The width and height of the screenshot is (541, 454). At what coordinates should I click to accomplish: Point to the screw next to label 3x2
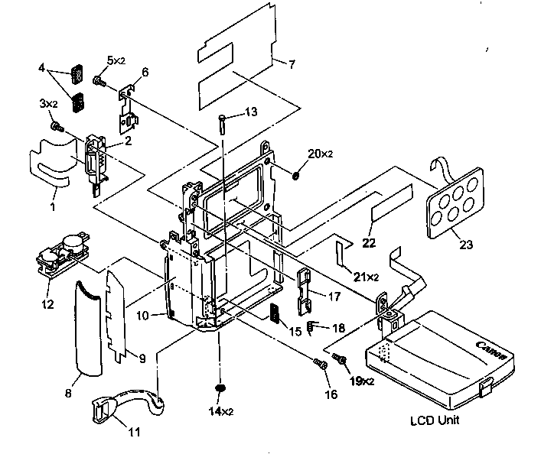click(x=56, y=125)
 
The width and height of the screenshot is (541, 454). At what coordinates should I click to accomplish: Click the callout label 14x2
click(x=220, y=411)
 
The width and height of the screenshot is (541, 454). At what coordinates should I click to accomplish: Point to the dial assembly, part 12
click(x=61, y=252)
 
